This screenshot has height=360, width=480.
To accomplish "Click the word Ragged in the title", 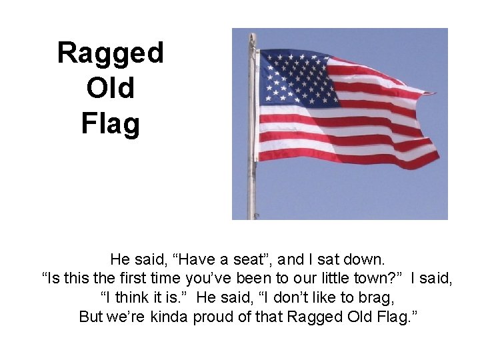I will [x=110, y=53].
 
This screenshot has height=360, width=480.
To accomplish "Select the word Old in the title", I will [x=110, y=88].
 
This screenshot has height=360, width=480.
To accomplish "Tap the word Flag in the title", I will [x=110, y=123].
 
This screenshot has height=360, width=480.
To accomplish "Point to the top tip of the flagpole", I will [x=252, y=35].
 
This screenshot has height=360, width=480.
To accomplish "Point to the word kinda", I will [x=169, y=317].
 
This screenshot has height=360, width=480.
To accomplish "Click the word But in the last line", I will [x=91, y=317].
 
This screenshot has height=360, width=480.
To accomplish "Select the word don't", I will [x=279, y=297].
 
